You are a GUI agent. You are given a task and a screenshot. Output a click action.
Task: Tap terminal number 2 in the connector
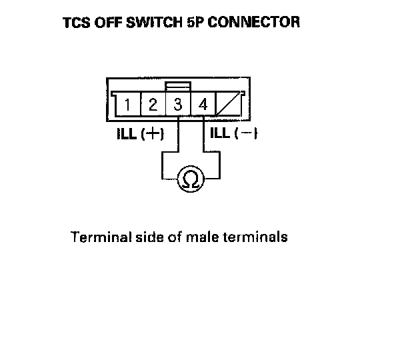tap(152, 105)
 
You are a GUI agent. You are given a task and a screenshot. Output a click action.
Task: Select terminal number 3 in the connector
tap(177, 105)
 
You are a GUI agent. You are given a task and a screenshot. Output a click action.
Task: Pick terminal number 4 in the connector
tap(203, 105)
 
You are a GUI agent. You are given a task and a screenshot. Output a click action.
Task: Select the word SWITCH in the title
tap(149, 23)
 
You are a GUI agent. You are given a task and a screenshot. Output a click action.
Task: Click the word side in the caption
tap(147, 237)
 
